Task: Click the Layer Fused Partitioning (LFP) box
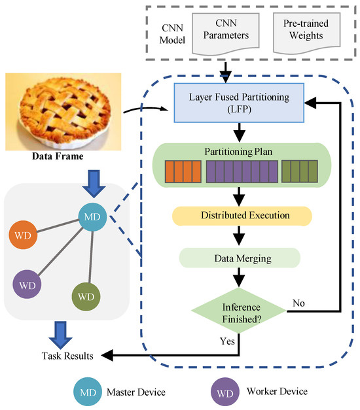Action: point(239,103)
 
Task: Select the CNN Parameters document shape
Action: point(226,34)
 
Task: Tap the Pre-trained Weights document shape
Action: point(306,33)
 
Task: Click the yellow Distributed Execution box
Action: point(242,216)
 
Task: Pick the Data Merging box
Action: point(240,258)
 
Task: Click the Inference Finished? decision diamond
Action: point(239,311)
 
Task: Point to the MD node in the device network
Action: point(92,216)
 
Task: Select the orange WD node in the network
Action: point(23,235)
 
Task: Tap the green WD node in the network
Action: point(86,296)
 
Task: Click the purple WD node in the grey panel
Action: point(27,284)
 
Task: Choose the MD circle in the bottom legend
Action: point(88,392)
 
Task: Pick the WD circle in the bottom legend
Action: point(225,392)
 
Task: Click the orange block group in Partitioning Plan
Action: point(183,171)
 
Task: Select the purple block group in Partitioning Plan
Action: point(242,171)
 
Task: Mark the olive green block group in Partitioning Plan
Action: point(300,171)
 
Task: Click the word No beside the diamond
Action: point(298,303)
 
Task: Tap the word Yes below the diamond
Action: point(227,341)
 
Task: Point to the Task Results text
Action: point(67,356)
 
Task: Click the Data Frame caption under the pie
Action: point(58,156)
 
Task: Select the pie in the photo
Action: point(64,112)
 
